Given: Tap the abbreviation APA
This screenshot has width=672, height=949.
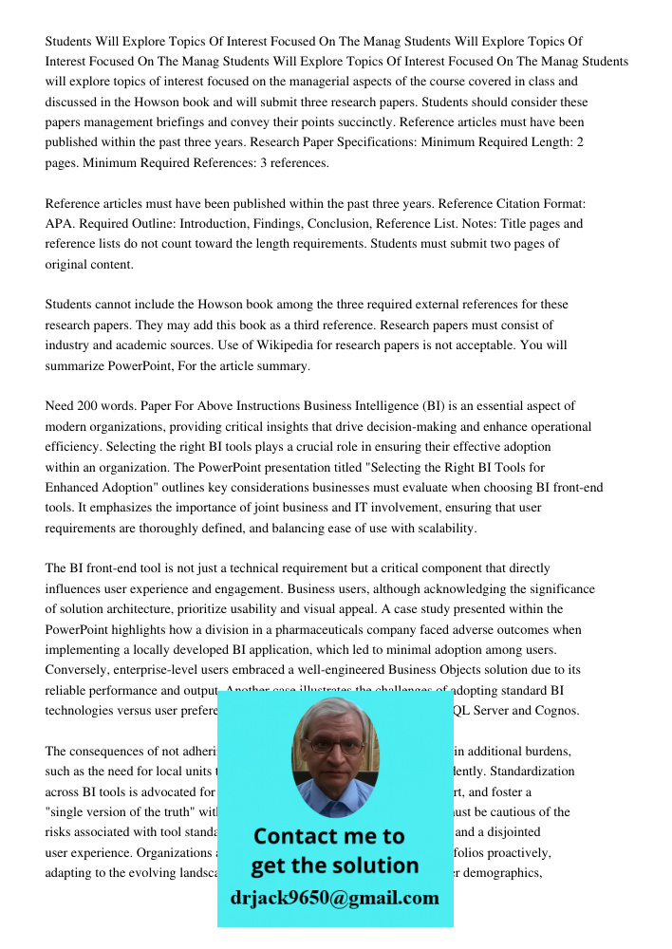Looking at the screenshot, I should pyautogui.click(x=59, y=224).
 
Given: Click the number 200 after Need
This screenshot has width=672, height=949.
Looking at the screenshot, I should pyautogui.click(x=93, y=406).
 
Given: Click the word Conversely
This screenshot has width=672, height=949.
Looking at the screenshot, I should pyautogui.click(x=80, y=670).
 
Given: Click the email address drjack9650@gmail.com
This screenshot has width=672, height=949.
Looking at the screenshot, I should pyautogui.click(x=334, y=898).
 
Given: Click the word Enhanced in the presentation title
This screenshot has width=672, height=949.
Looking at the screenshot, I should pyautogui.click(x=83, y=488).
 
